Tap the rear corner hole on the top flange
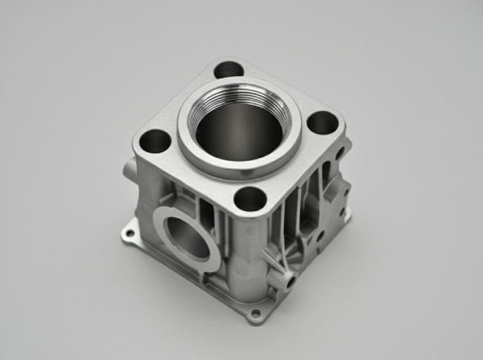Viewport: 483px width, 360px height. tap(228, 70)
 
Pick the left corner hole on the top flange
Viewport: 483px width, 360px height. tap(154, 142)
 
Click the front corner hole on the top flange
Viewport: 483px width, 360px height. tap(249, 199)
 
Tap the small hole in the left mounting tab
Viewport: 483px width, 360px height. tap(126, 234)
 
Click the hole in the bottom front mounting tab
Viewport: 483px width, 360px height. tap(255, 313)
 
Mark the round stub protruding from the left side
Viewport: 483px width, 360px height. tap(126, 169)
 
